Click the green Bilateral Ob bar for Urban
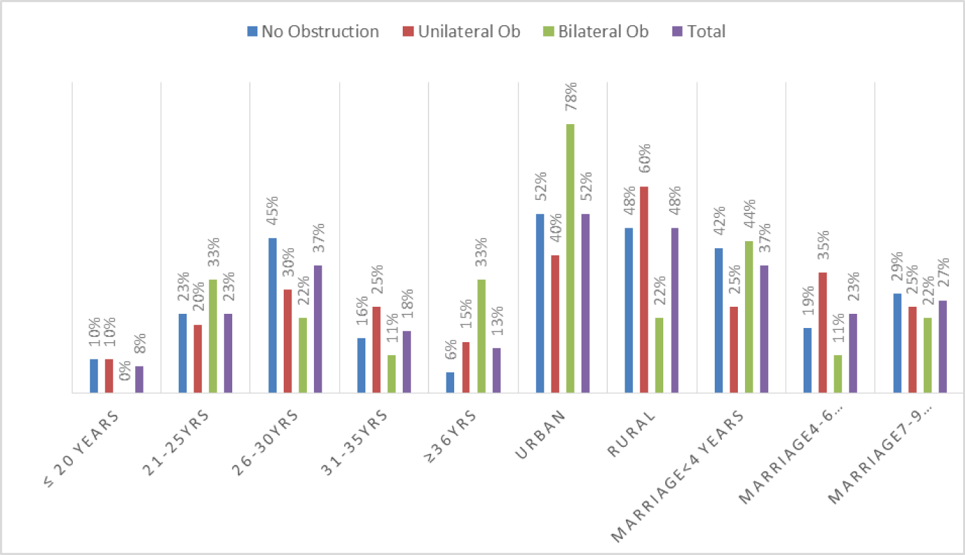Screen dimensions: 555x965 coord(570,258)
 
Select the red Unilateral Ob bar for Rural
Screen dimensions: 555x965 coord(644,289)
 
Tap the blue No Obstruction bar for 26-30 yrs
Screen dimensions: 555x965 coord(273,315)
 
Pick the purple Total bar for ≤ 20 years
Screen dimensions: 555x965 coord(139,379)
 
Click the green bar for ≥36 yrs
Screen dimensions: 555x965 coord(481,336)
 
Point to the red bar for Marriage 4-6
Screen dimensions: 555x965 coord(822,332)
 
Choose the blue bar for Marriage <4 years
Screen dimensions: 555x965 coord(719,320)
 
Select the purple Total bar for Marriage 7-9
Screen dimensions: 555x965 coord(942,347)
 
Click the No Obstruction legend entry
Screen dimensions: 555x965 coord(313,32)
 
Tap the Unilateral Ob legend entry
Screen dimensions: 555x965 coord(461,32)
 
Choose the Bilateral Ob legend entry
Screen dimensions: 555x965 coord(596,32)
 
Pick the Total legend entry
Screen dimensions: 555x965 coord(699,32)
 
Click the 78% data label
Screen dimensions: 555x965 coord(571,96)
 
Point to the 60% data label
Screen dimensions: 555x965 coord(645,158)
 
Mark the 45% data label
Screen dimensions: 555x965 coord(273,210)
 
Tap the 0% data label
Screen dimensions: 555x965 coord(125,370)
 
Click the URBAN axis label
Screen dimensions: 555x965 coord(540,435)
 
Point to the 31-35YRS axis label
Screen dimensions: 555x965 coord(354,442)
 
